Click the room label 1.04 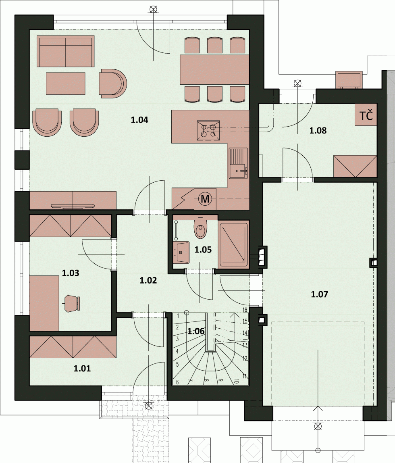tap(139, 120)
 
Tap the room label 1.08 tap(318, 131)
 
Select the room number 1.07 tap(319, 294)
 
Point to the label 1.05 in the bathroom tap(203, 250)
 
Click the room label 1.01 tap(82, 369)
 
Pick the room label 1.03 tap(71, 273)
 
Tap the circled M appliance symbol tap(205, 199)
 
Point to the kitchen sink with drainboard tap(238, 163)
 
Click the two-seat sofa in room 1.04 tap(65, 51)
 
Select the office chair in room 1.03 tap(72, 303)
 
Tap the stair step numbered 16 tap(245, 310)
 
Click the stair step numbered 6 tap(177, 382)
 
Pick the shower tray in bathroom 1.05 tap(234, 245)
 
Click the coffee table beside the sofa tap(66, 83)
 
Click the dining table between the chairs tap(214, 69)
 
